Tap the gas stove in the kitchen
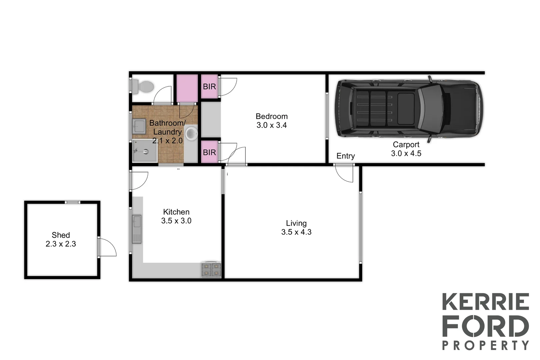(211, 270)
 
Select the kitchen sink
(137, 229)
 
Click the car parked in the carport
(410, 109)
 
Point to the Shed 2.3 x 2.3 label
(61, 240)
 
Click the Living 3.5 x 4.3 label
(296, 228)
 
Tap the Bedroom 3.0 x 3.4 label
(271, 121)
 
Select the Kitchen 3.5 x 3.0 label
(176, 216)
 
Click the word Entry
(345, 156)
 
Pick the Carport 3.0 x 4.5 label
(406, 149)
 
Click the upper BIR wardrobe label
(209, 87)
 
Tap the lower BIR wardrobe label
(209, 152)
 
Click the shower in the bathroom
(145, 151)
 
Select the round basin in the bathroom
(191, 133)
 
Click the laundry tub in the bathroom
(139, 127)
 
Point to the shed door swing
(108, 247)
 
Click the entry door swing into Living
(344, 173)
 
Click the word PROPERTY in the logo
(485, 345)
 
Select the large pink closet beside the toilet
(187, 88)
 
